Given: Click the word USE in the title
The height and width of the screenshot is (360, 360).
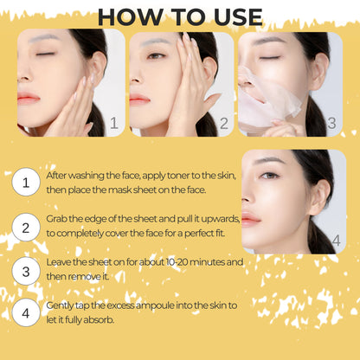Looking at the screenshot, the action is [x=238, y=17].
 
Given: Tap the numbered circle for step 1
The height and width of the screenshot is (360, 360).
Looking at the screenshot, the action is [x=26, y=182].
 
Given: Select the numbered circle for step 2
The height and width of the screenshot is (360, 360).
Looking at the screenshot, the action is [x=26, y=228].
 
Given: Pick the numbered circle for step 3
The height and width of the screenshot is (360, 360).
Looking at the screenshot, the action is [x=26, y=271].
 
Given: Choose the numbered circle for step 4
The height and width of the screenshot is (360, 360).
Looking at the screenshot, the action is [x=26, y=312].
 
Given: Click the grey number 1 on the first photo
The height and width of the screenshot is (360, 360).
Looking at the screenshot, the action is [x=114, y=123].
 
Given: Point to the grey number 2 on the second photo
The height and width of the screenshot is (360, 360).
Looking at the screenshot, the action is [x=224, y=123].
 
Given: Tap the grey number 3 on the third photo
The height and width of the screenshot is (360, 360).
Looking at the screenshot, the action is [x=331, y=123].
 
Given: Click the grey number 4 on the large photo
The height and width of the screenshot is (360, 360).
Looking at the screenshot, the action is [x=336, y=241].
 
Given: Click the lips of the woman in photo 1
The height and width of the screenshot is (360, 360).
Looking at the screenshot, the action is [x=28, y=99].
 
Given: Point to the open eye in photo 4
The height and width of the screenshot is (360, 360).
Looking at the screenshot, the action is [x=270, y=176].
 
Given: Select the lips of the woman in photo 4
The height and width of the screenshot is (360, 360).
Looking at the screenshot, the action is [x=250, y=219].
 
